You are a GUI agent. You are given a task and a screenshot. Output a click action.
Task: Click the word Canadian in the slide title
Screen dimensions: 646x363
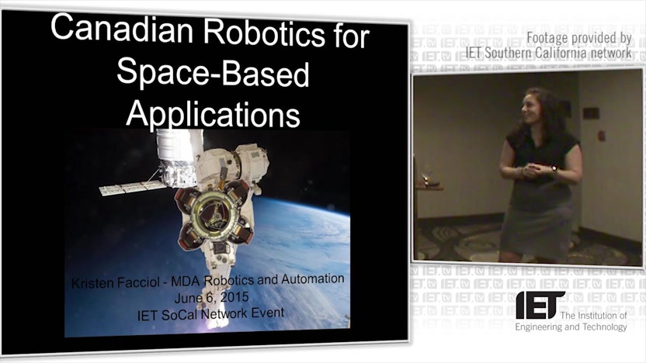click(122, 29)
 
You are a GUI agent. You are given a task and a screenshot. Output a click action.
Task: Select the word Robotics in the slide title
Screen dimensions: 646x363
click(264, 32)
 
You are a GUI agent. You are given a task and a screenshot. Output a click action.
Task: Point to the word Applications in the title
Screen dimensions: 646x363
click(213, 113)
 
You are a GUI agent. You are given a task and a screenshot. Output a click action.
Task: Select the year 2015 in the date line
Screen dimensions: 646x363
click(234, 297)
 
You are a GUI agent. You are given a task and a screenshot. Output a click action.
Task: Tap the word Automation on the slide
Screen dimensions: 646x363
click(313, 278)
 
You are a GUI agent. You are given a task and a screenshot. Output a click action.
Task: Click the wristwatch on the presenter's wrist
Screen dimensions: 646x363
click(554, 168)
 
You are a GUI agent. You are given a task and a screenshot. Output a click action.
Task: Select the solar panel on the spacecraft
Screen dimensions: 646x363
click(130, 188)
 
